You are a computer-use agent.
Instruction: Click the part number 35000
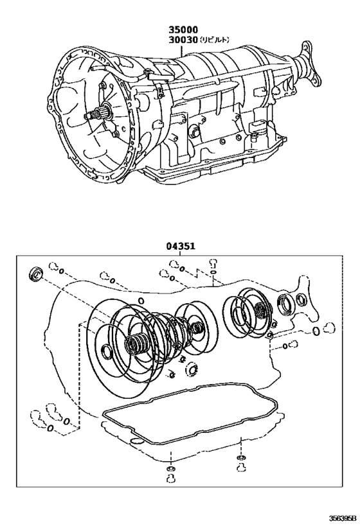coord(183,30)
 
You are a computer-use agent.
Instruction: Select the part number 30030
coord(183,40)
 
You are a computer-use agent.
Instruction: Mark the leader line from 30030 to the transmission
coord(182,52)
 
